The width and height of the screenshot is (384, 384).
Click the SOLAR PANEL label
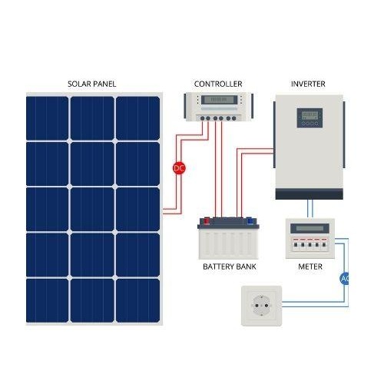point(91,84)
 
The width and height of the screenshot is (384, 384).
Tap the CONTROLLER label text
point(218,84)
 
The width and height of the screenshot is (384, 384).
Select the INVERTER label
point(308,84)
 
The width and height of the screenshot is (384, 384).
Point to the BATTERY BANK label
point(230,266)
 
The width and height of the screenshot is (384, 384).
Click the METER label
point(310,266)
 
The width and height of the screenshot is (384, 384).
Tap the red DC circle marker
point(179,168)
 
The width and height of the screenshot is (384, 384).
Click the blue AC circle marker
point(344,278)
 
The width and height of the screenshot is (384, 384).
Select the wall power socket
point(262,306)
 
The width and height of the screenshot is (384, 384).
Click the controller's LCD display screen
point(219,100)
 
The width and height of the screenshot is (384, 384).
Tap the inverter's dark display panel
point(310,118)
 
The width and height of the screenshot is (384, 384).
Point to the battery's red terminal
point(207,220)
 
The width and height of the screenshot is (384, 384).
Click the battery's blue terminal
point(250,220)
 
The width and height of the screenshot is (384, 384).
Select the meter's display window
point(310,228)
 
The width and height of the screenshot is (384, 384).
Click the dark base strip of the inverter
point(310,194)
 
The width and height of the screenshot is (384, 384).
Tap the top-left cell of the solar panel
point(48,118)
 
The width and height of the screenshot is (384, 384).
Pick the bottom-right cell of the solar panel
point(138,300)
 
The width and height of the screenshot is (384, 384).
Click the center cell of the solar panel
point(92,210)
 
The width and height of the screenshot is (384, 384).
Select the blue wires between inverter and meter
point(310,209)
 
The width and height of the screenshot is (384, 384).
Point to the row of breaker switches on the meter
point(310,244)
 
